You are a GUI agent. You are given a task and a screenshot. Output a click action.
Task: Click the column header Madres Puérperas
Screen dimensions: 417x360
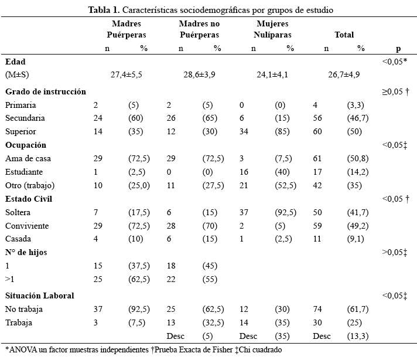tap(127, 29)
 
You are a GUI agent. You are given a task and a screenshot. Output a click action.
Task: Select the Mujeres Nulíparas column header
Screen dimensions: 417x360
tap(272, 29)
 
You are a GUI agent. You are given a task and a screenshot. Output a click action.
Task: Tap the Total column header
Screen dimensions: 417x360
tap(344, 35)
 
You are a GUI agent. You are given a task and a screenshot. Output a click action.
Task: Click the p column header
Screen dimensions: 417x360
tap(398, 49)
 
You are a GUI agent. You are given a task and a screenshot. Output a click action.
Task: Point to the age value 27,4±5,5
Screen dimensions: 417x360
tap(127, 74)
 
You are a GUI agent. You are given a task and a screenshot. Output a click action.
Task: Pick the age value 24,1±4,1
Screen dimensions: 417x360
tap(272, 74)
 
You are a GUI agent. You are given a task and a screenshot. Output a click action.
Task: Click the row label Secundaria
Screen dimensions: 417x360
tap(25, 118)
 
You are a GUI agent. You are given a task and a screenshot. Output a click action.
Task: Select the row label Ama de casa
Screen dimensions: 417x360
tap(28, 158)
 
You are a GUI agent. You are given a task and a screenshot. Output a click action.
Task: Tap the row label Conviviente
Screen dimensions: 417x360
tap(27, 226)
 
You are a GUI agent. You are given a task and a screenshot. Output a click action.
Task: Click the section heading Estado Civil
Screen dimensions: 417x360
tap(29, 199)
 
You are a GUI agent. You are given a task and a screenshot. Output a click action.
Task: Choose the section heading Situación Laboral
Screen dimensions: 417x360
tap(40, 296)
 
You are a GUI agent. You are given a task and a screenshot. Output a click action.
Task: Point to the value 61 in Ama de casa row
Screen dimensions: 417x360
tap(317, 158)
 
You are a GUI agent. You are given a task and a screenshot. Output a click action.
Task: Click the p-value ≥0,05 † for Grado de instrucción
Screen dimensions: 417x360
tap(395, 91)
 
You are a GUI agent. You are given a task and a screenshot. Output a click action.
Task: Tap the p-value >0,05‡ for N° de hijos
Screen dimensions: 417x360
tap(394, 252)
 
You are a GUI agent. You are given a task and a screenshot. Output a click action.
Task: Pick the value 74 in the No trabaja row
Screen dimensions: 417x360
tap(317, 309)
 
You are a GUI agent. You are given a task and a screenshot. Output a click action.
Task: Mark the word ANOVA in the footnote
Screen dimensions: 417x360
tap(23, 349)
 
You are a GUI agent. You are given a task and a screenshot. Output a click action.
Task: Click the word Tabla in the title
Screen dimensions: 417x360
tap(99, 10)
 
